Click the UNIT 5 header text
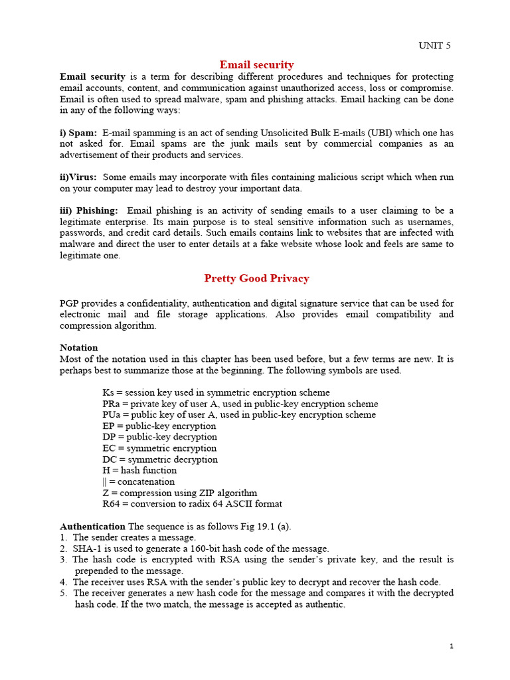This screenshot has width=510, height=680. tap(434, 46)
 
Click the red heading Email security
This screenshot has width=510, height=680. tap(256, 64)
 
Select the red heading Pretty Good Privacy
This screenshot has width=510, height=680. tap(256, 278)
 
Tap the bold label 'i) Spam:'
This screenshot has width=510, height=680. tap(78, 133)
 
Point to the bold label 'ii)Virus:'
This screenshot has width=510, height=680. tap(78, 177)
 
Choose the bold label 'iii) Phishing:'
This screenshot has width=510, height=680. tap(89, 211)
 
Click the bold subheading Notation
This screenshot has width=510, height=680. tap(78, 347)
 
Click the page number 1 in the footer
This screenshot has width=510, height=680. tap(450, 647)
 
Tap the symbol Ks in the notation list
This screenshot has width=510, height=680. tap(108, 392)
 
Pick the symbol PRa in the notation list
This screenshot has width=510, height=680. tap(112, 404)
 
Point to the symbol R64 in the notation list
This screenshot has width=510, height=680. tap(112, 504)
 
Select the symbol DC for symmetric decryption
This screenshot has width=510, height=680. tap(110, 460)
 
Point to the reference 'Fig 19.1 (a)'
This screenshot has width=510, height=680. tap(264, 527)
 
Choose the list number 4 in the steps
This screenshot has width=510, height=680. tap(63, 582)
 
